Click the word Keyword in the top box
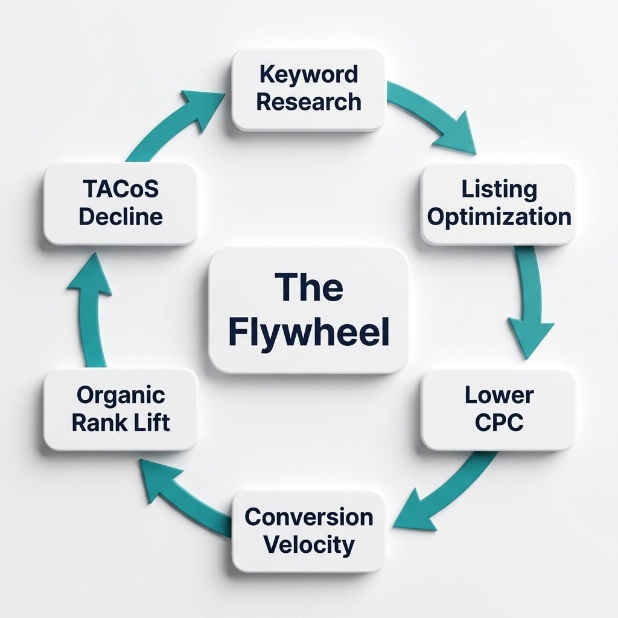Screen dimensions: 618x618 click(x=308, y=75)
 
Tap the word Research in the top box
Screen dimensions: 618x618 click(x=308, y=101)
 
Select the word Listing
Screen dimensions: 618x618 click(x=499, y=189)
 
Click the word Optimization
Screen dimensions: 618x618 click(x=499, y=217)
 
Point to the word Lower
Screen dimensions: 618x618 click(x=499, y=395)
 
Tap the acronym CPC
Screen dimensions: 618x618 click(x=499, y=422)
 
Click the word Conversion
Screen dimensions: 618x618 click(x=308, y=517)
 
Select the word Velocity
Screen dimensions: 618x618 click(x=308, y=544)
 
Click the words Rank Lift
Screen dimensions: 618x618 click(x=121, y=422)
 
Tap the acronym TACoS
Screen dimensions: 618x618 click(x=121, y=189)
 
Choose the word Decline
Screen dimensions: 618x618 click(x=121, y=217)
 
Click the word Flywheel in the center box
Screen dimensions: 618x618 click(x=308, y=334)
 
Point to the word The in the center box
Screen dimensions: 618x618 click(x=308, y=288)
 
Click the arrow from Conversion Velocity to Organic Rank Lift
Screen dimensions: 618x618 click(x=181, y=492)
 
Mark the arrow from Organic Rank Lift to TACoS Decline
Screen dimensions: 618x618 click(x=91, y=314)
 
